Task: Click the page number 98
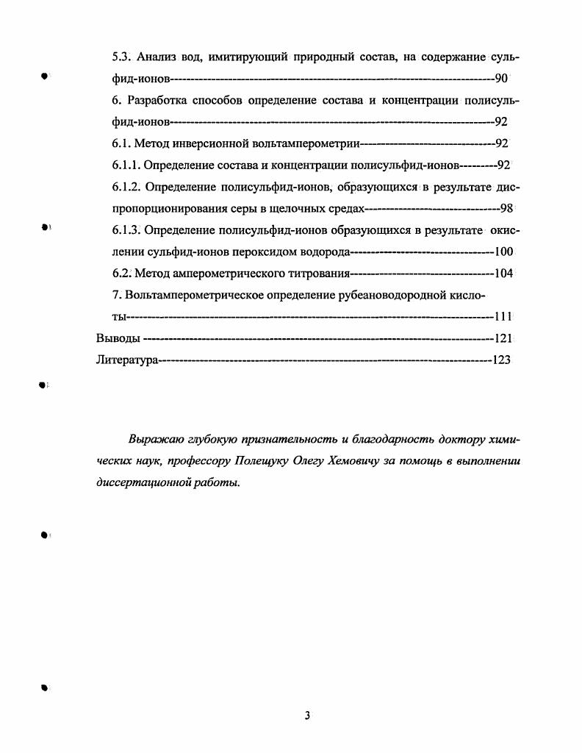tap(506, 208)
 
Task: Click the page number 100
tap(503, 252)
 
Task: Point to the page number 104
tap(503, 273)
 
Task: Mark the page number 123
tap(503, 360)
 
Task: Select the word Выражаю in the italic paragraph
tap(152, 440)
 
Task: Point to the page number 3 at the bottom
tap(308, 715)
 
